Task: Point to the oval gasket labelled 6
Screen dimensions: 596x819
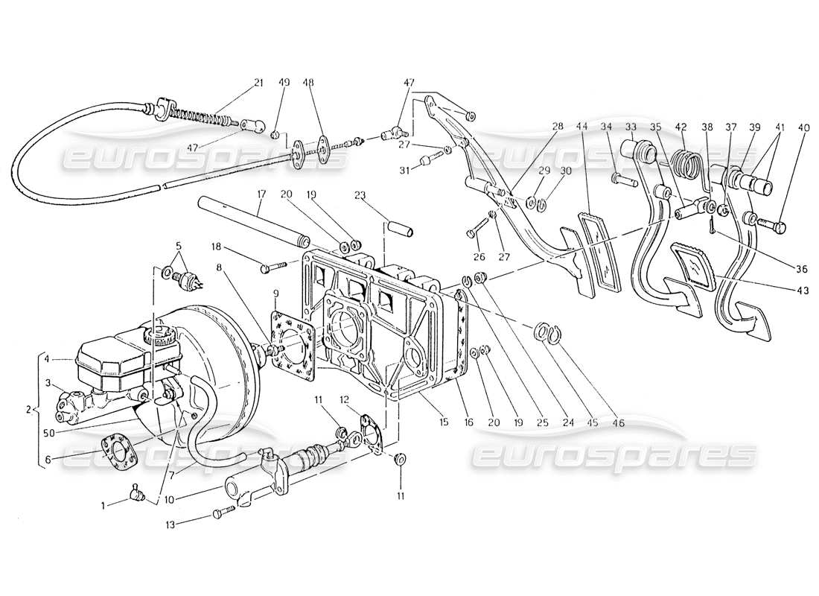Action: (119, 450)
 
